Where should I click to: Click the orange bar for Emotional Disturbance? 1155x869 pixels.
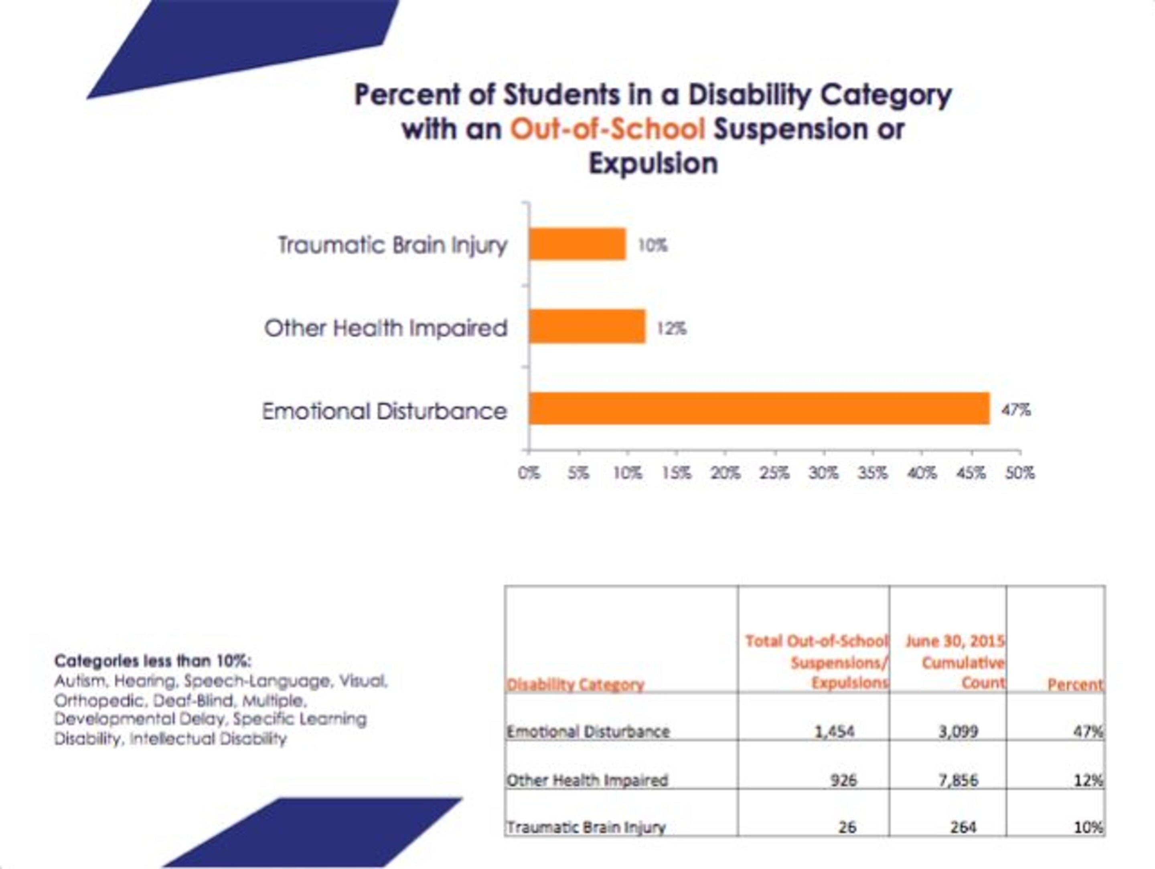759,408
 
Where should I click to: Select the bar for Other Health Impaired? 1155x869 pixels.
587,326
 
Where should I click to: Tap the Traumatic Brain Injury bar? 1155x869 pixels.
577,244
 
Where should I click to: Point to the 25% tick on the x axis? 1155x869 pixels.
774,473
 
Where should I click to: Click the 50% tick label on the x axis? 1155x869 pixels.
1020,473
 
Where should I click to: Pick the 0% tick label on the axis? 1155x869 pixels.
529,473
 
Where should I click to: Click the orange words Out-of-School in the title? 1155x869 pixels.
607,129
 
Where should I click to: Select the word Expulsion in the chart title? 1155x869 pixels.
653,164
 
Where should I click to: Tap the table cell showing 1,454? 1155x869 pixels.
835,731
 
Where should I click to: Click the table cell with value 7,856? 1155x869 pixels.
958,780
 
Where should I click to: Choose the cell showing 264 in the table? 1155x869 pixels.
963,827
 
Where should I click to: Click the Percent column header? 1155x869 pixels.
1075,684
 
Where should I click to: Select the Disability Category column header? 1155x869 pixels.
575,684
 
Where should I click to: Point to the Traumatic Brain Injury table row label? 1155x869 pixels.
586,827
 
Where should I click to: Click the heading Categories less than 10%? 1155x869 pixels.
152,661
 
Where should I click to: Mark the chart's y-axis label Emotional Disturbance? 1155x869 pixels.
384,411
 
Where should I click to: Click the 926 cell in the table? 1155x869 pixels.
843,780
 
